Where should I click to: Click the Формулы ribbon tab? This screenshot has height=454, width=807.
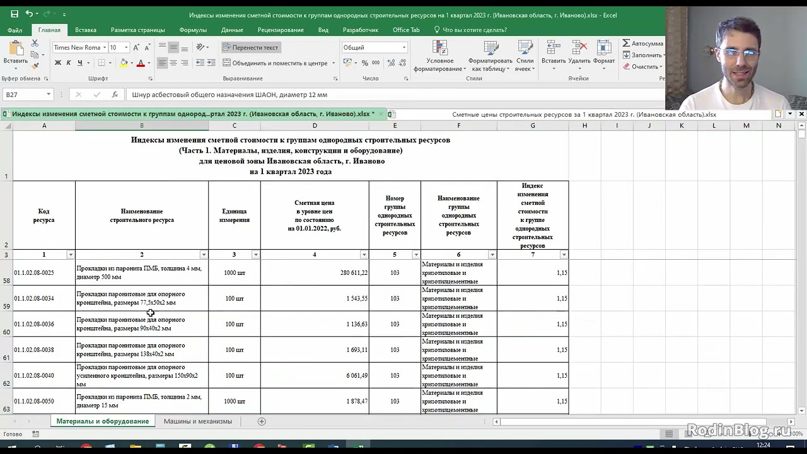192,30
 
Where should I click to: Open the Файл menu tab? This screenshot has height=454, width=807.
15,30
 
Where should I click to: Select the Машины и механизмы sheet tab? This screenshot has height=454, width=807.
197,421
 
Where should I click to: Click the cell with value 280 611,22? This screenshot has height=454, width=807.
315,272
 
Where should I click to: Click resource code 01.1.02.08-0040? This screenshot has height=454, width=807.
34,376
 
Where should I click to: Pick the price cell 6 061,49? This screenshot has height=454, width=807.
315,376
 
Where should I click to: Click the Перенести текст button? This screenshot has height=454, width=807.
250,47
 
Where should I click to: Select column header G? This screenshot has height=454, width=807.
532,125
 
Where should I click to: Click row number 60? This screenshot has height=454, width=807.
6,332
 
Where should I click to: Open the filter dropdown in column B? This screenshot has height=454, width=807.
203,255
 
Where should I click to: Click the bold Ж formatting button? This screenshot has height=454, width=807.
58,63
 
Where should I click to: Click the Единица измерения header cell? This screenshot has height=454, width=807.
234,215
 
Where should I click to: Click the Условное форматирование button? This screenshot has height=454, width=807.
439,56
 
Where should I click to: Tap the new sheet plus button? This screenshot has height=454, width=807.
262,421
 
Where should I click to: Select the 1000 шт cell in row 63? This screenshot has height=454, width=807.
234,401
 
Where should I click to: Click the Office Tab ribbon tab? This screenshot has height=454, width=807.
405,30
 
